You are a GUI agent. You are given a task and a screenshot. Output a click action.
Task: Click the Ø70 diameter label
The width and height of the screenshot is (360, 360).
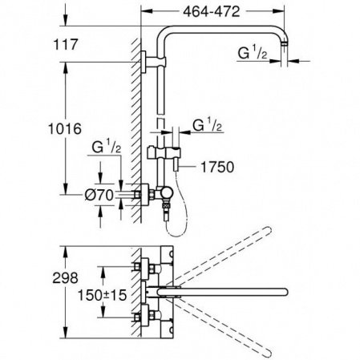[x=96, y=194]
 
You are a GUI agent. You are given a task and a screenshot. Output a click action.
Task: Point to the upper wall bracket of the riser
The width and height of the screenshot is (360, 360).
[x=144, y=62]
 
